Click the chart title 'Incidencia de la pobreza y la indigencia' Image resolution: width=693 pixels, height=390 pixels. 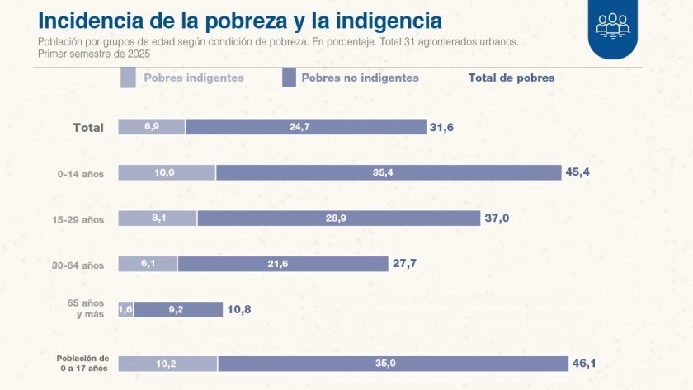click(240, 20)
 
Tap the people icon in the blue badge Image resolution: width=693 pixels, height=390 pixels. click(612, 25)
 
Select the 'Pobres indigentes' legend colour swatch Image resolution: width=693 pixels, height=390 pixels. click(128, 78)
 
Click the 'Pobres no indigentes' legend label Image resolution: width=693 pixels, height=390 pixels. click(360, 78)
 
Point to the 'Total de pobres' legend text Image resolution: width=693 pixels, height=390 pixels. click(511, 78)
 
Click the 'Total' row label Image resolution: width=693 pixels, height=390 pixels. click(88, 127)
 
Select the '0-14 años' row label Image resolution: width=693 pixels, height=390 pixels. click(81, 173)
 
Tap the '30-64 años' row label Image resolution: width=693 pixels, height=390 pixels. click(80, 265)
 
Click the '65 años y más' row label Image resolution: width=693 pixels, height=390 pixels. click(85, 309)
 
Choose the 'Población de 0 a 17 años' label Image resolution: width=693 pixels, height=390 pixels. click(82, 364)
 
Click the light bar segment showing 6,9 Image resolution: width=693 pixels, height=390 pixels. click(151, 126)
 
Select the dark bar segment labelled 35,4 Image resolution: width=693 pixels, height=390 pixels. click(388, 172)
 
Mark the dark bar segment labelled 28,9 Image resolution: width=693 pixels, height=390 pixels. click(338, 218)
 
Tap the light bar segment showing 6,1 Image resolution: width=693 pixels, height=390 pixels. click(148, 264)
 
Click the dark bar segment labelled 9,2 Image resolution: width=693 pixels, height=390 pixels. click(177, 309)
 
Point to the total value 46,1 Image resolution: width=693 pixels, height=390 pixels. click(584, 363)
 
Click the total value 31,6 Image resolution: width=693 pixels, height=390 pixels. click(441, 126)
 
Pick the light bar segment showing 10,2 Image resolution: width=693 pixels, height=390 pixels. click(167, 364)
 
